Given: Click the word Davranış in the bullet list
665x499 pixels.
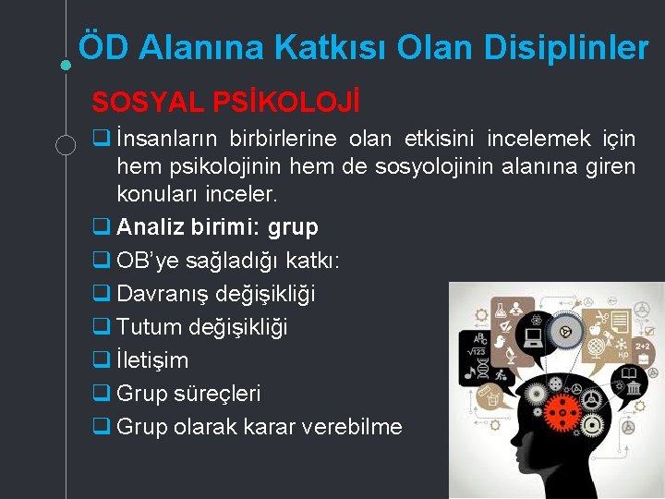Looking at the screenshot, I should point(163,295).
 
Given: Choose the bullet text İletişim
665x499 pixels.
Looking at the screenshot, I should point(152,360).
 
